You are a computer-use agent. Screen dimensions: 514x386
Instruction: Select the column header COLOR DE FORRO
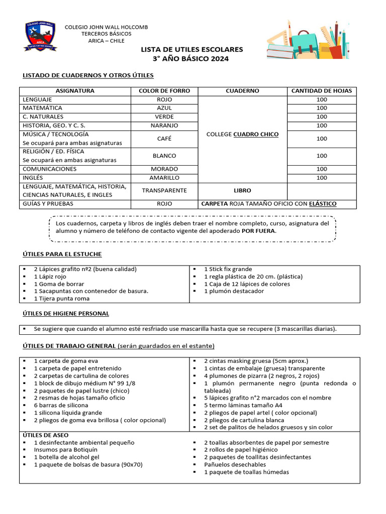[x=164, y=91]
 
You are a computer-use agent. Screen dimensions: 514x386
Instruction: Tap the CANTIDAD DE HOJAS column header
[x=322, y=91]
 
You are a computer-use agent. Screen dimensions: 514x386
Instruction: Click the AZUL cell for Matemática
[x=164, y=108]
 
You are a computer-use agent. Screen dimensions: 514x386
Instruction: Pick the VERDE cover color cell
[x=164, y=116]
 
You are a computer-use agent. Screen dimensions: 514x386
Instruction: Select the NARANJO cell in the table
[x=164, y=125]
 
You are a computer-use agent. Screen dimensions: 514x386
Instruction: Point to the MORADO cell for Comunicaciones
[x=164, y=169]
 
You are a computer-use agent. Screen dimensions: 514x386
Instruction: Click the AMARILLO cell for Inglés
[x=164, y=178]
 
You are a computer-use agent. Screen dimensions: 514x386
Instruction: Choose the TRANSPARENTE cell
[x=164, y=191]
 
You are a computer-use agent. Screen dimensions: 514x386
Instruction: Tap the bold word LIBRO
[x=243, y=191]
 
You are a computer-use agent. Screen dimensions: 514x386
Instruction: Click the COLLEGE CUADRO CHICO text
[x=242, y=135]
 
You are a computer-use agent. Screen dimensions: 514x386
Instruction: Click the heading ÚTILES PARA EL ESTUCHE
[x=62, y=254]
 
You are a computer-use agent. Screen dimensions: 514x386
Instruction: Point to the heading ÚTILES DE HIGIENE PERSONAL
[x=66, y=313]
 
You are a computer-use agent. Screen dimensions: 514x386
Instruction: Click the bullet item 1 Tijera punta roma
[x=61, y=299]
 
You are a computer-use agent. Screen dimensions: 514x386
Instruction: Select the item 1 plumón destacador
[x=234, y=291]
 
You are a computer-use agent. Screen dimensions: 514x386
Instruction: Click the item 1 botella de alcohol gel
[x=66, y=457]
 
